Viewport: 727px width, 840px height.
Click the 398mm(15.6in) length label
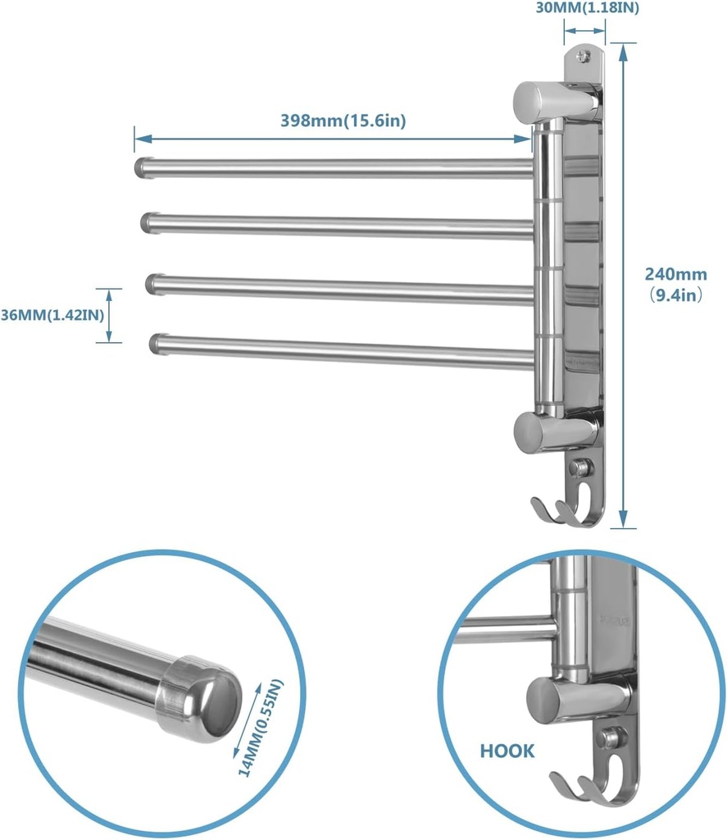coord(343,121)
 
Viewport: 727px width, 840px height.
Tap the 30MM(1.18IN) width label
coord(588,9)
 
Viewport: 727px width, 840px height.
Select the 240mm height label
coord(675,275)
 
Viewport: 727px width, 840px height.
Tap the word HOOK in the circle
coord(507,751)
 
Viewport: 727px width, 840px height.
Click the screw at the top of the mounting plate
coord(583,57)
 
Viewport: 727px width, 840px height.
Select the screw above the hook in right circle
coord(608,737)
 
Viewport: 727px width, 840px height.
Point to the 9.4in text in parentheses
coord(675,294)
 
